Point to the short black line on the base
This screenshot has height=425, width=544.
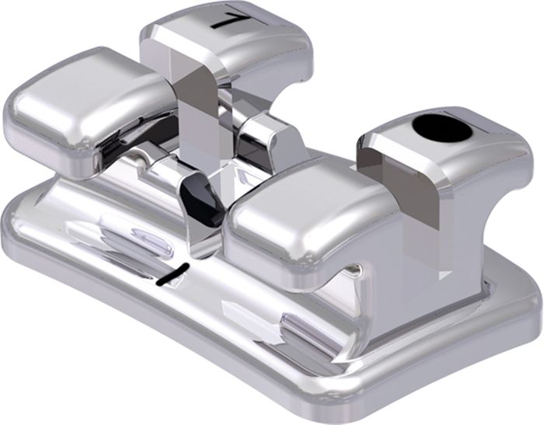pos(173,275)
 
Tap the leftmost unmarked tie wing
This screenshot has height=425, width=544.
pos(87,111)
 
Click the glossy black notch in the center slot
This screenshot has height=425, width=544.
pos(202,199)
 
